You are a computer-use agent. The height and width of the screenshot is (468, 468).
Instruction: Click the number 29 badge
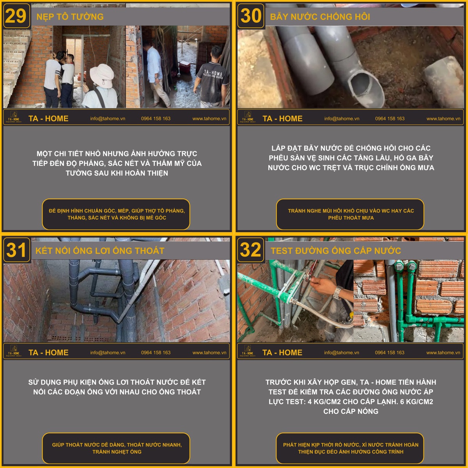point(16,16)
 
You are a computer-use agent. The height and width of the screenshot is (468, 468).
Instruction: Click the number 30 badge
point(250,16)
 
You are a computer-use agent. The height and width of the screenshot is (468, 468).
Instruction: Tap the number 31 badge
point(16,250)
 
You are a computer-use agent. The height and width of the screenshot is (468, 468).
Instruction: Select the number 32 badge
point(250,250)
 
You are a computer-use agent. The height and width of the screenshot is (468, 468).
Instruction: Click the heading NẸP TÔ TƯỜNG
point(70,16)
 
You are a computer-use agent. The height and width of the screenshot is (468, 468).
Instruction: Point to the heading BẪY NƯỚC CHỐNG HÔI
point(320,16)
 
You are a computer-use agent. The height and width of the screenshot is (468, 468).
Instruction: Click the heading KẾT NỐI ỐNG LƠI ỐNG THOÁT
point(100,251)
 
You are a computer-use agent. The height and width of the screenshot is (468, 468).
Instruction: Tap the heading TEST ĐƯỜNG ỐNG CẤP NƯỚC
point(336,251)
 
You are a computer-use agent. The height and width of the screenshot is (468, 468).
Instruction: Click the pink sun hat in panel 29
point(102,76)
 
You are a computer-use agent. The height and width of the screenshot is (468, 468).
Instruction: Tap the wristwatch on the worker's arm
point(337,292)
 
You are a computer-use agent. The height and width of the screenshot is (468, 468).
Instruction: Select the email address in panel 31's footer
point(108,353)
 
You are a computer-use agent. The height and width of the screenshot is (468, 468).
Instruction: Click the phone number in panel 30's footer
point(390,119)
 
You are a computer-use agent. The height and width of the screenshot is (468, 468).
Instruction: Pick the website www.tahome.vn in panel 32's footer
point(443,353)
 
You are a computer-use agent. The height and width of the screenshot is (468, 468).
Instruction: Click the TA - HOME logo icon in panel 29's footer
point(14,117)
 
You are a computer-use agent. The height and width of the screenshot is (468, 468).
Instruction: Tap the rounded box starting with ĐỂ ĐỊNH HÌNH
point(116,214)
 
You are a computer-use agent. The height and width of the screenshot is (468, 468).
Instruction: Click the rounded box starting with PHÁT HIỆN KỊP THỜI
point(350,448)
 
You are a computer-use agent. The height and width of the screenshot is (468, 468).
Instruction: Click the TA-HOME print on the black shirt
point(213,73)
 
